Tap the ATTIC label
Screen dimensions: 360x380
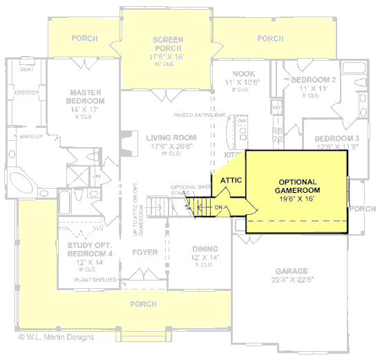[230, 180]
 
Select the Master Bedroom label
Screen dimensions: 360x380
[86, 96]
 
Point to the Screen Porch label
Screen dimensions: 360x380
[167, 44]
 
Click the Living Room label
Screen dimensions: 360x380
[171, 138]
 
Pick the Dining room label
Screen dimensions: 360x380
[205, 249]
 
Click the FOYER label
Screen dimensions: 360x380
[145, 252]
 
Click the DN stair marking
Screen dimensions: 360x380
[218, 207]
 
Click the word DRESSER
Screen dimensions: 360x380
[26, 92]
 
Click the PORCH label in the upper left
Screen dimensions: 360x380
[84, 39]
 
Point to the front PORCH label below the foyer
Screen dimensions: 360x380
[144, 304]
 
